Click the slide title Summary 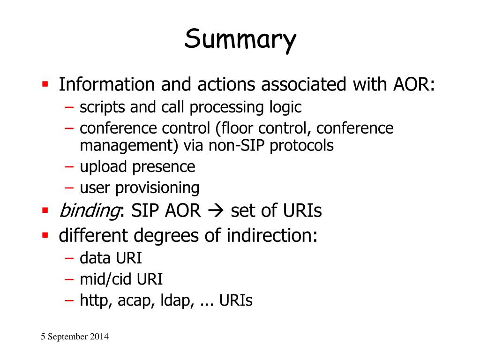tap(240, 40)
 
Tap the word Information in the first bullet tap(106, 85)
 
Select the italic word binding tap(88, 211)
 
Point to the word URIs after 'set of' tap(303, 211)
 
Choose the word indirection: tap(272, 235)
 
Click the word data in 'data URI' tap(94, 258)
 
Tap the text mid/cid tap(106, 279)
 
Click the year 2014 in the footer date tap(100, 337)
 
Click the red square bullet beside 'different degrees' tap(45, 234)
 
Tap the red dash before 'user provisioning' tap(69, 188)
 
